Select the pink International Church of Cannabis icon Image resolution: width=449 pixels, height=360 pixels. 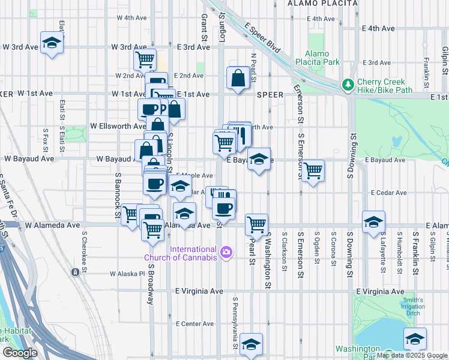[226, 251]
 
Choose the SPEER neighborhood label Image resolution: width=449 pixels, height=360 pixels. [270, 95]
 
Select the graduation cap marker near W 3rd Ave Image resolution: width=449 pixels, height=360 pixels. [52, 43]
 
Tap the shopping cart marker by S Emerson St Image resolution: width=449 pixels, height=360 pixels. [313, 171]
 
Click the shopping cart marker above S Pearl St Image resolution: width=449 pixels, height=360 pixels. [256, 224]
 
